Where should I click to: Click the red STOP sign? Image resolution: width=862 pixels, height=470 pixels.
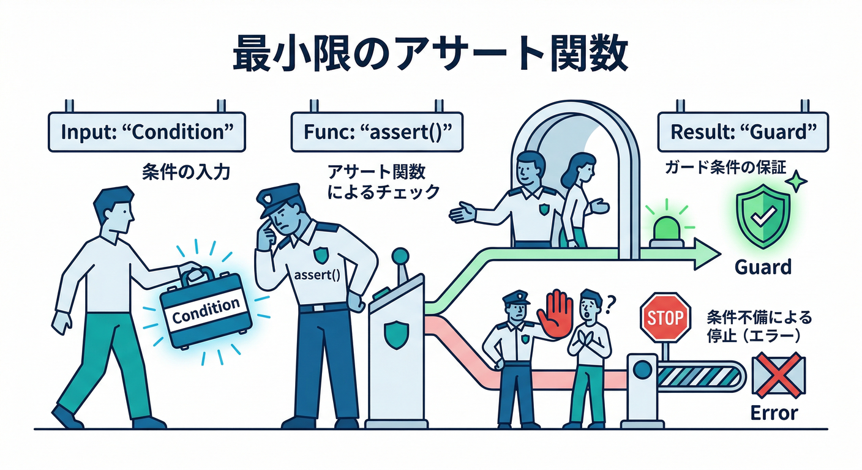tap(665, 317)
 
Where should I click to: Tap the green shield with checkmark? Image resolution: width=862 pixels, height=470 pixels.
tap(763, 217)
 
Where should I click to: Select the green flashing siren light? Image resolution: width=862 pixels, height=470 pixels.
tap(667, 230)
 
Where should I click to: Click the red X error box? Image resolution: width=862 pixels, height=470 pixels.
tap(779, 375)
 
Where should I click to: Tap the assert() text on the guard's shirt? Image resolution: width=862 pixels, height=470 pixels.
tap(317, 275)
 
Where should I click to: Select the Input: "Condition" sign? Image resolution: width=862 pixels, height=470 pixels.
tap(147, 132)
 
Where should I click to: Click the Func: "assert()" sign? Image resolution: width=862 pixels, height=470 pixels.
tap(377, 132)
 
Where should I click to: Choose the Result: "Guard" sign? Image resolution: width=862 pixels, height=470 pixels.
tap(743, 132)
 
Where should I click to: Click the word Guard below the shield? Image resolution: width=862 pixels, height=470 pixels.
tap(763, 267)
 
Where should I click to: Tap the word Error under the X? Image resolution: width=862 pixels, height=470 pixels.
tap(774, 413)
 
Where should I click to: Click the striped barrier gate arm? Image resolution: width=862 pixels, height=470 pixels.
tap(700, 376)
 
